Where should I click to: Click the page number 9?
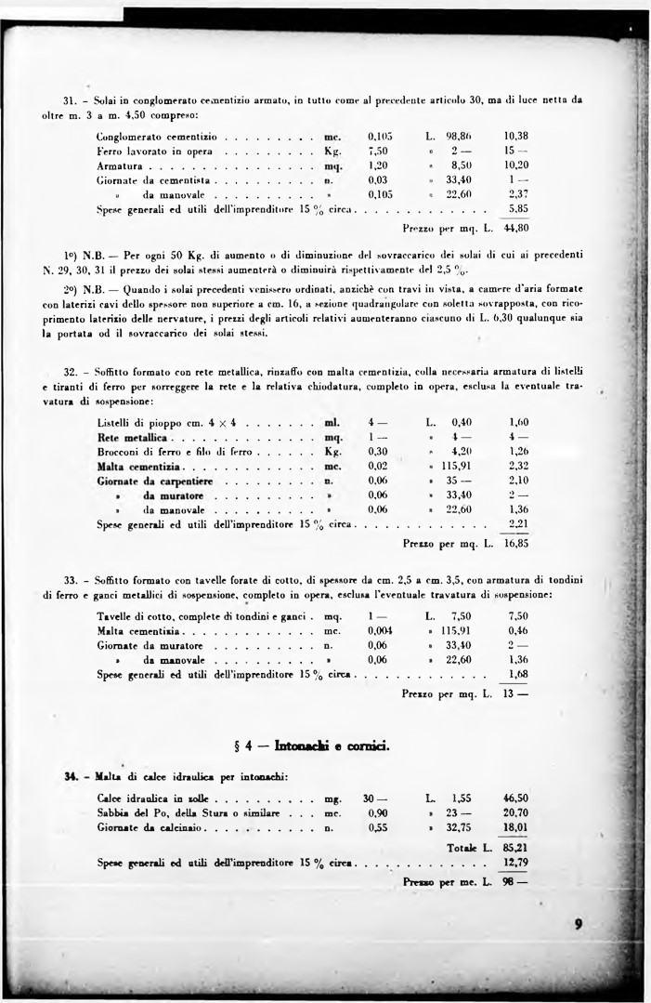click(578, 924)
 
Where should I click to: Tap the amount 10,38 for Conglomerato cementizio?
click(515, 136)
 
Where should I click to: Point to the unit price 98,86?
click(461, 136)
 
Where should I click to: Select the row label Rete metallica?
click(131, 437)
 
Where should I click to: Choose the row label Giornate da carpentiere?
click(152, 481)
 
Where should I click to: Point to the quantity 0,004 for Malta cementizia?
click(380, 630)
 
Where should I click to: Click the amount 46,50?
click(515, 798)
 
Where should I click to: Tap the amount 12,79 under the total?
click(515, 863)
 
